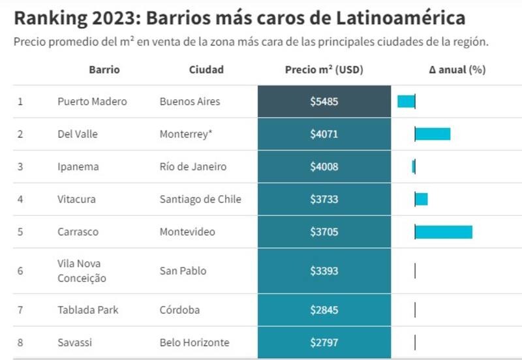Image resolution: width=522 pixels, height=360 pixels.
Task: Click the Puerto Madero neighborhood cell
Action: pyautogui.click(x=92, y=102)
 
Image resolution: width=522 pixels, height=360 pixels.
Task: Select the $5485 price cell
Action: pyautogui.click(x=324, y=102)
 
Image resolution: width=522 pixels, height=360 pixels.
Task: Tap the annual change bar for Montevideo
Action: pyautogui.click(x=444, y=232)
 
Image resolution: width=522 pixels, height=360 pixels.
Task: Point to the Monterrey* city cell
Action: pyautogui.click(x=186, y=134)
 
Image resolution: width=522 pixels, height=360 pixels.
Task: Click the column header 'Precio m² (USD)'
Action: pyautogui.click(x=324, y=70)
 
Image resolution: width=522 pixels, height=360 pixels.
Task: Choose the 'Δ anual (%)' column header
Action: pyautogui.click(x=457, y=70)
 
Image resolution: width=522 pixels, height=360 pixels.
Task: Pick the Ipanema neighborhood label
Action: pyautogui.click(x=78, y=167)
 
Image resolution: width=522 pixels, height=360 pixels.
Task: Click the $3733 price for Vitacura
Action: pyautogui.click(x=324, y=200)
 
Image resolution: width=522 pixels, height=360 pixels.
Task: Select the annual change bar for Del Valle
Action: pyautogui.click(x=433, y=134)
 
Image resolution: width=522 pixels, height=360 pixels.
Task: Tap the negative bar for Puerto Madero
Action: pyautogui.click(x=406, y=102)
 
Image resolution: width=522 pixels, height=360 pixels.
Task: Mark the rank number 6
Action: pyautogui.click(x=20, y=271)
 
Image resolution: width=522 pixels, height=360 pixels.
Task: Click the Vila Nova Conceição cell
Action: pyautogui.click(x=82, y=271)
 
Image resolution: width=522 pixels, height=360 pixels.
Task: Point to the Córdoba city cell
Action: pyautogui.click(x=179, y=310)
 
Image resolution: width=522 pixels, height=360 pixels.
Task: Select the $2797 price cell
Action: pyautogui.click(x=324, y=342)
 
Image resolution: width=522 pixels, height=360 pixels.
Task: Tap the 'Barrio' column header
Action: pyautogui.click(x=104, y=70)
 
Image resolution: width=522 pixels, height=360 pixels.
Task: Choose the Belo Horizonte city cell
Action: pyautogui.click(x=194, y=342)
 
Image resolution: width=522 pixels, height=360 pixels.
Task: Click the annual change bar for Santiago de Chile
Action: pyautogui.click(x=422, y=200)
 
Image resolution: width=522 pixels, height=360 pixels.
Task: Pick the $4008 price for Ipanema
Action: pyautogui.click(x=324, y=167)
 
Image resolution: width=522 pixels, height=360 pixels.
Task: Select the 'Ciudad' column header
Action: pyautogui.click(x=206, y=70)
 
